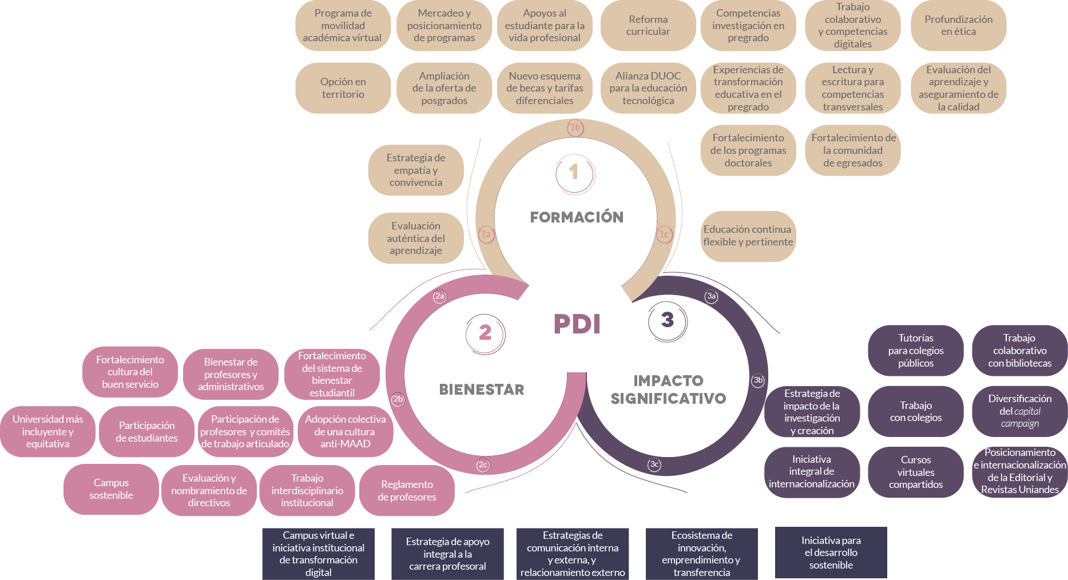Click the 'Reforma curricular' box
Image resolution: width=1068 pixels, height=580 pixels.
tap(648, 26)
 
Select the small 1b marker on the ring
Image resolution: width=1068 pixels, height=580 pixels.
tap(575, 127)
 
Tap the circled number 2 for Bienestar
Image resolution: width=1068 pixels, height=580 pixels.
tap(485, 332)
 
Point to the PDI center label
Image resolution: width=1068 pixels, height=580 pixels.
tap(577, 324)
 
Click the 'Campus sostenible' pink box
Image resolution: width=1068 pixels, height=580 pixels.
tap(111, 489)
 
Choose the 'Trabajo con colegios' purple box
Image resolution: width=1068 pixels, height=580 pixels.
tap(915, 411)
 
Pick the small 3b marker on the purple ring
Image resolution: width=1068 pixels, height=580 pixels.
tap(758, 380)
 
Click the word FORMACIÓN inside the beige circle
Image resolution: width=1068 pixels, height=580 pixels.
tap(577, 217)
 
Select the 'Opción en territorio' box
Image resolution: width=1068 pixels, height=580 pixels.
tap(343, 88)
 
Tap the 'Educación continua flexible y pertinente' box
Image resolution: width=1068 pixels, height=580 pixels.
tap(748, 236)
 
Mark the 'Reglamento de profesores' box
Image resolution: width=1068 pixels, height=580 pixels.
tap(407, 491)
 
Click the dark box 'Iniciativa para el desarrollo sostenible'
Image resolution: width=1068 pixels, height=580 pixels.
tap(831, 553)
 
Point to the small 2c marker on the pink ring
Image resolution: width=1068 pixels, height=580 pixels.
tap(483, 464)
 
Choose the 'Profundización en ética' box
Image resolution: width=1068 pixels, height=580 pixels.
tap(958, 26)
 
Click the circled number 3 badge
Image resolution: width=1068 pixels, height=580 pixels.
tap(667, 320)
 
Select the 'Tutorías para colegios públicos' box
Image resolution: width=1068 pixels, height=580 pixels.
tap(915, 351)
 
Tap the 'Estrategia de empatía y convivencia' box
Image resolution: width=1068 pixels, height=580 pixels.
tap(416, 170)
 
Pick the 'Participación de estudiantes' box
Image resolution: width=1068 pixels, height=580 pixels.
tap(146, 432)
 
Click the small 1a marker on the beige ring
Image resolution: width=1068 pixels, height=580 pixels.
tap(486, 234)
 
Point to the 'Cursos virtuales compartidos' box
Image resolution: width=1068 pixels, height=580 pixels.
tap(915, 472)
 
